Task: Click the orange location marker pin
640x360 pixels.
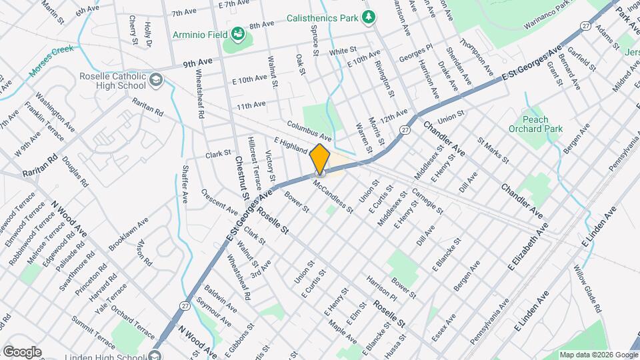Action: point(320,159)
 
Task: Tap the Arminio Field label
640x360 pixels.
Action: point(199,33)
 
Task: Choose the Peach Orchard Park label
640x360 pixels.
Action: point(543,124)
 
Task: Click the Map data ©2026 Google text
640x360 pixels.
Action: point(598,354)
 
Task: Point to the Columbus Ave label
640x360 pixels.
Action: point(309,127)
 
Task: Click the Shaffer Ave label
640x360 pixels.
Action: point(185,184)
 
